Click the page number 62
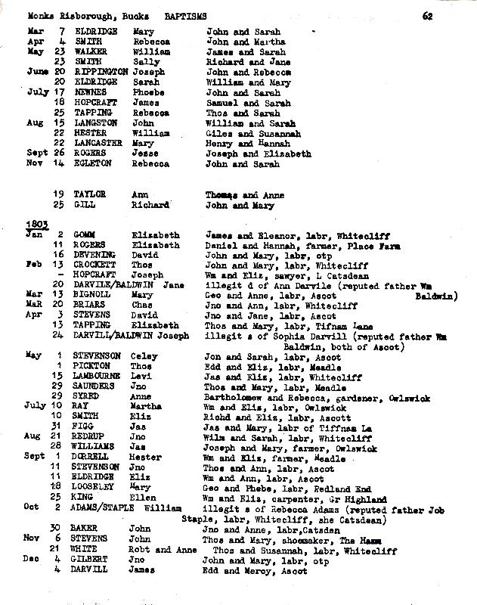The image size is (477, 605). (x=428, y=15)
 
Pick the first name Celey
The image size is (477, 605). (x=147, y=356)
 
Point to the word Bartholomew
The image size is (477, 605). (x=237, y=396)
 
